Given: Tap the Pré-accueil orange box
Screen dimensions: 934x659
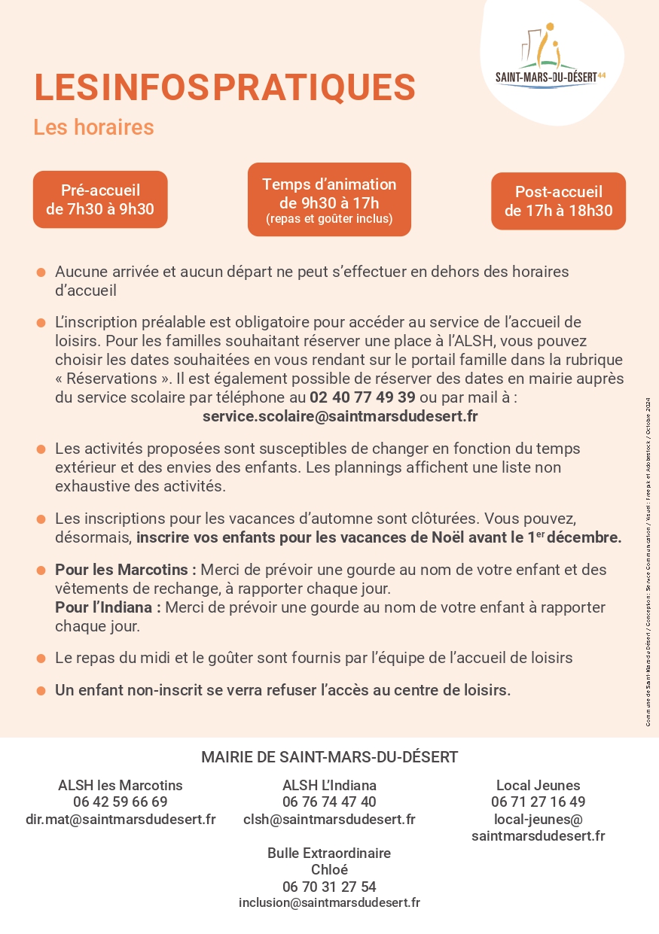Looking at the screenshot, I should click(100, 199).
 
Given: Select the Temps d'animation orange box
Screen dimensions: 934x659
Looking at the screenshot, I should click(329, 199).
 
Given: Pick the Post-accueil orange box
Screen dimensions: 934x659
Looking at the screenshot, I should click(558, 201).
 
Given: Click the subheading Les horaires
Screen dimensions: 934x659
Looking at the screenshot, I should click(93, 127).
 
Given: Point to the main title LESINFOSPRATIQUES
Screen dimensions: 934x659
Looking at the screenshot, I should click(224, 87).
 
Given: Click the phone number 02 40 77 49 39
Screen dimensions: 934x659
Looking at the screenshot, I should click(362, 397).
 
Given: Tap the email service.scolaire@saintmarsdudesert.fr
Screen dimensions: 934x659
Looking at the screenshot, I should click(340, 415).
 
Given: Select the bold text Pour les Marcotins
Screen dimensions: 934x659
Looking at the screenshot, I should click(125, 570).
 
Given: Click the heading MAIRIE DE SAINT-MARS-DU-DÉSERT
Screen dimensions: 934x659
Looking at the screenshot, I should click(329, 757).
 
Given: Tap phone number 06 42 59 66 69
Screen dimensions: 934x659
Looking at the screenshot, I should click(121, 802).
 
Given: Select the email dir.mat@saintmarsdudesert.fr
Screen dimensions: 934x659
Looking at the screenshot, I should click(121, 819).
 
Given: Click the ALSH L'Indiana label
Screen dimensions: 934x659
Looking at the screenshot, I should click(329, 785).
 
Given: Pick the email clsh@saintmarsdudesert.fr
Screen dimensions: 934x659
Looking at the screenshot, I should click(329, 819).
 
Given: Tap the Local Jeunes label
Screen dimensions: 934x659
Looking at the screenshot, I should click(538, 785).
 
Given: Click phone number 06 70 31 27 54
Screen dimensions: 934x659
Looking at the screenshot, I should click(329, 887).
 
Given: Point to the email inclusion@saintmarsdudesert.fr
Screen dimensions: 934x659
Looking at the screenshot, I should click(329, 902).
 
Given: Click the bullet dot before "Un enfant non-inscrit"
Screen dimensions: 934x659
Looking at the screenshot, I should click(41, 690).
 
